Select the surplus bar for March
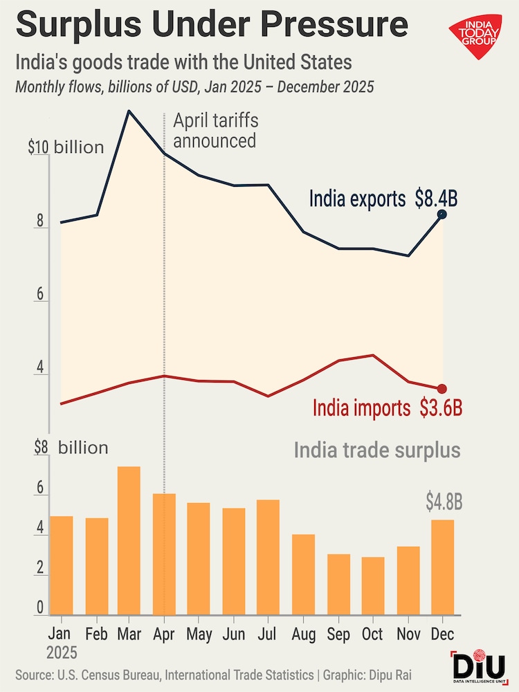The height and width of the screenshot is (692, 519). pos(129,540)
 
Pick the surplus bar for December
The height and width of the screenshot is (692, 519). pos(442,567)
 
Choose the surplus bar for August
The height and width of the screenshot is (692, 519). pos(304,574)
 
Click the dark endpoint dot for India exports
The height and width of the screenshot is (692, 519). pos(442,215)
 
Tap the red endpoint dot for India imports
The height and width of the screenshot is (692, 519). pos(442,389)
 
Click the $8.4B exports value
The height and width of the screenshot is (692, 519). pos(436,199)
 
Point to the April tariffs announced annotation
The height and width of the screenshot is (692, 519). pos(215,130)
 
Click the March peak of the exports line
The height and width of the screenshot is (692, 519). pos(129,111)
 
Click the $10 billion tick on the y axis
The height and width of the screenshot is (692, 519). pos(66,147)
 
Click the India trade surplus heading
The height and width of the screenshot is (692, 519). pos(376,450)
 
